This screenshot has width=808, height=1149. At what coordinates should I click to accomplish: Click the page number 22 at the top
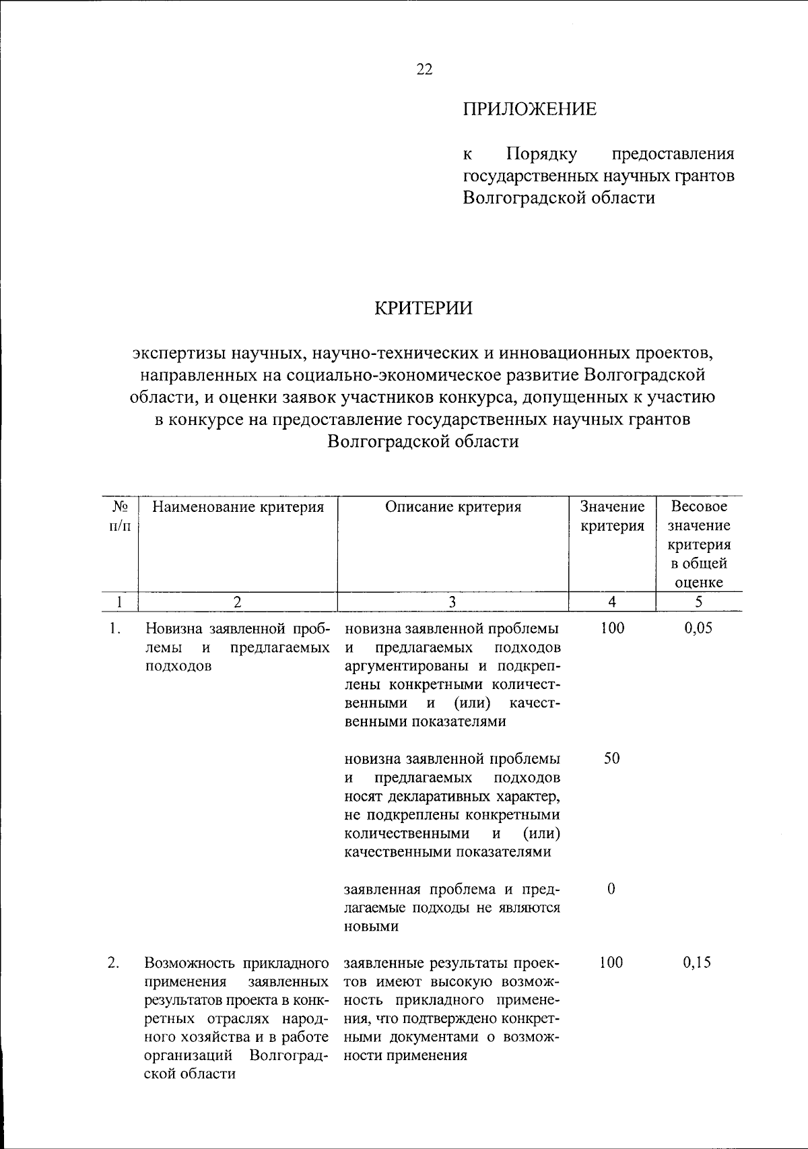point(425,70)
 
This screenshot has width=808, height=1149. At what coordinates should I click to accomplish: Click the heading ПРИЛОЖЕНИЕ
point(529,109)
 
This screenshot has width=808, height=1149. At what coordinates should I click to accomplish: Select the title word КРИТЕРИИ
point(424,308)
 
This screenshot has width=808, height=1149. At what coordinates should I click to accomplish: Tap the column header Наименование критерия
point(238,507)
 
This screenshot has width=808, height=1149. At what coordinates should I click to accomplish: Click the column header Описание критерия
point(453,507)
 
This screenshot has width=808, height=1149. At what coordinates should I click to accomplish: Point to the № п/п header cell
point(119,516)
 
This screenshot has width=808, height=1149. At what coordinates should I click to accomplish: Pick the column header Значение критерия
point(612,516)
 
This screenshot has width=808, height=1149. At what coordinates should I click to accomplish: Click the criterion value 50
point(611,758)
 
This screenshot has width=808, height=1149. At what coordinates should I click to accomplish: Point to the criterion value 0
point(611,889)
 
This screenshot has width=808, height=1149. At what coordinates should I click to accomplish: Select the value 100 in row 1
point(611,628)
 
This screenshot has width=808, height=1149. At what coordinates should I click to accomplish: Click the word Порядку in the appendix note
point(541,154)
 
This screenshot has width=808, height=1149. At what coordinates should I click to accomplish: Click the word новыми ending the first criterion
point(371,926)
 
